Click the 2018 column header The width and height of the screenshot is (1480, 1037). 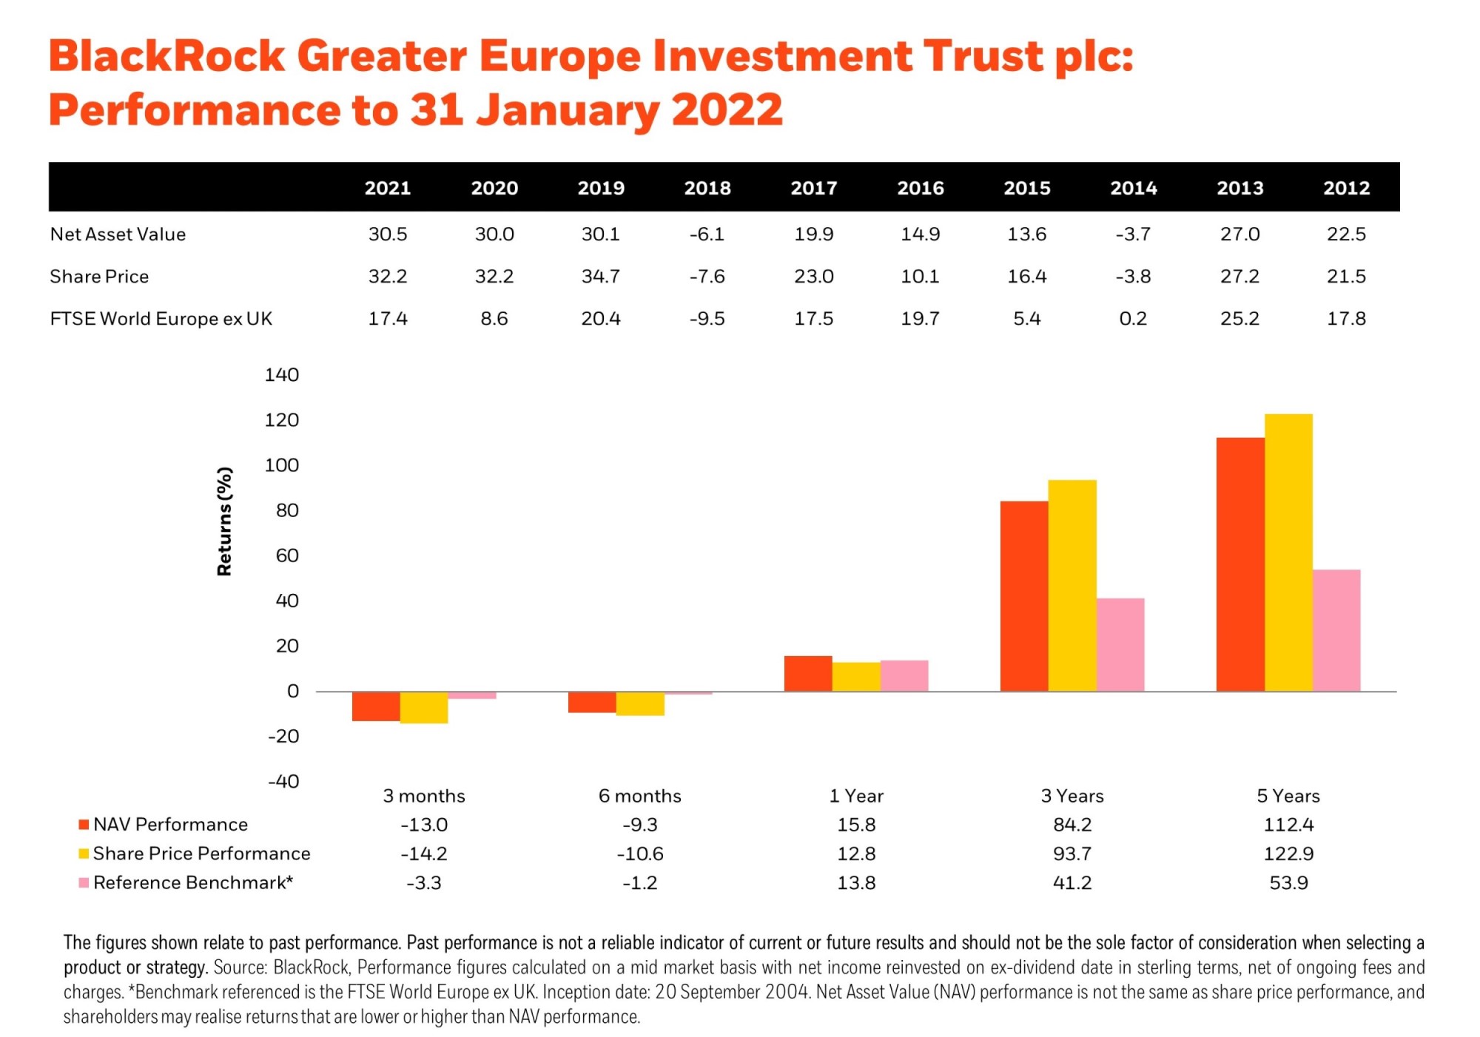point(707,188)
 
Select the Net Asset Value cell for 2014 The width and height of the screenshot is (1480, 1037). point(1133,234)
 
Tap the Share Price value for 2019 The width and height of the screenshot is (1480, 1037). point(600,277)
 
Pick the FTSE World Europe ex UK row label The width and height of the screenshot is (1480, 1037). point(161,319)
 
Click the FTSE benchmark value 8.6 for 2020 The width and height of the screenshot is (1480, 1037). point(494,319)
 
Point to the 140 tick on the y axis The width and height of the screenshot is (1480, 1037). point(281,375)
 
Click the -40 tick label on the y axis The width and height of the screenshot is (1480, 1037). point(283,782)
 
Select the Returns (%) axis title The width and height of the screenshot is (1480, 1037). point(224,521)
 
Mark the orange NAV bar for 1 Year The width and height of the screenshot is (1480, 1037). point(808,674)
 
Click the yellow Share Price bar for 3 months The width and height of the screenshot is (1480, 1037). point(424,707)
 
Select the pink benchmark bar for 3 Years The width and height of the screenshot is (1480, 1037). point(1120,645)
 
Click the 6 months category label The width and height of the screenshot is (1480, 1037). point(639,796)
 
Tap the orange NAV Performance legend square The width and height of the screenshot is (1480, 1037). point(84,825)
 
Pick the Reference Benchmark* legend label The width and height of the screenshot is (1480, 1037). point(193,883)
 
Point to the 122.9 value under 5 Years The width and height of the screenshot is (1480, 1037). point(1288,854)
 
